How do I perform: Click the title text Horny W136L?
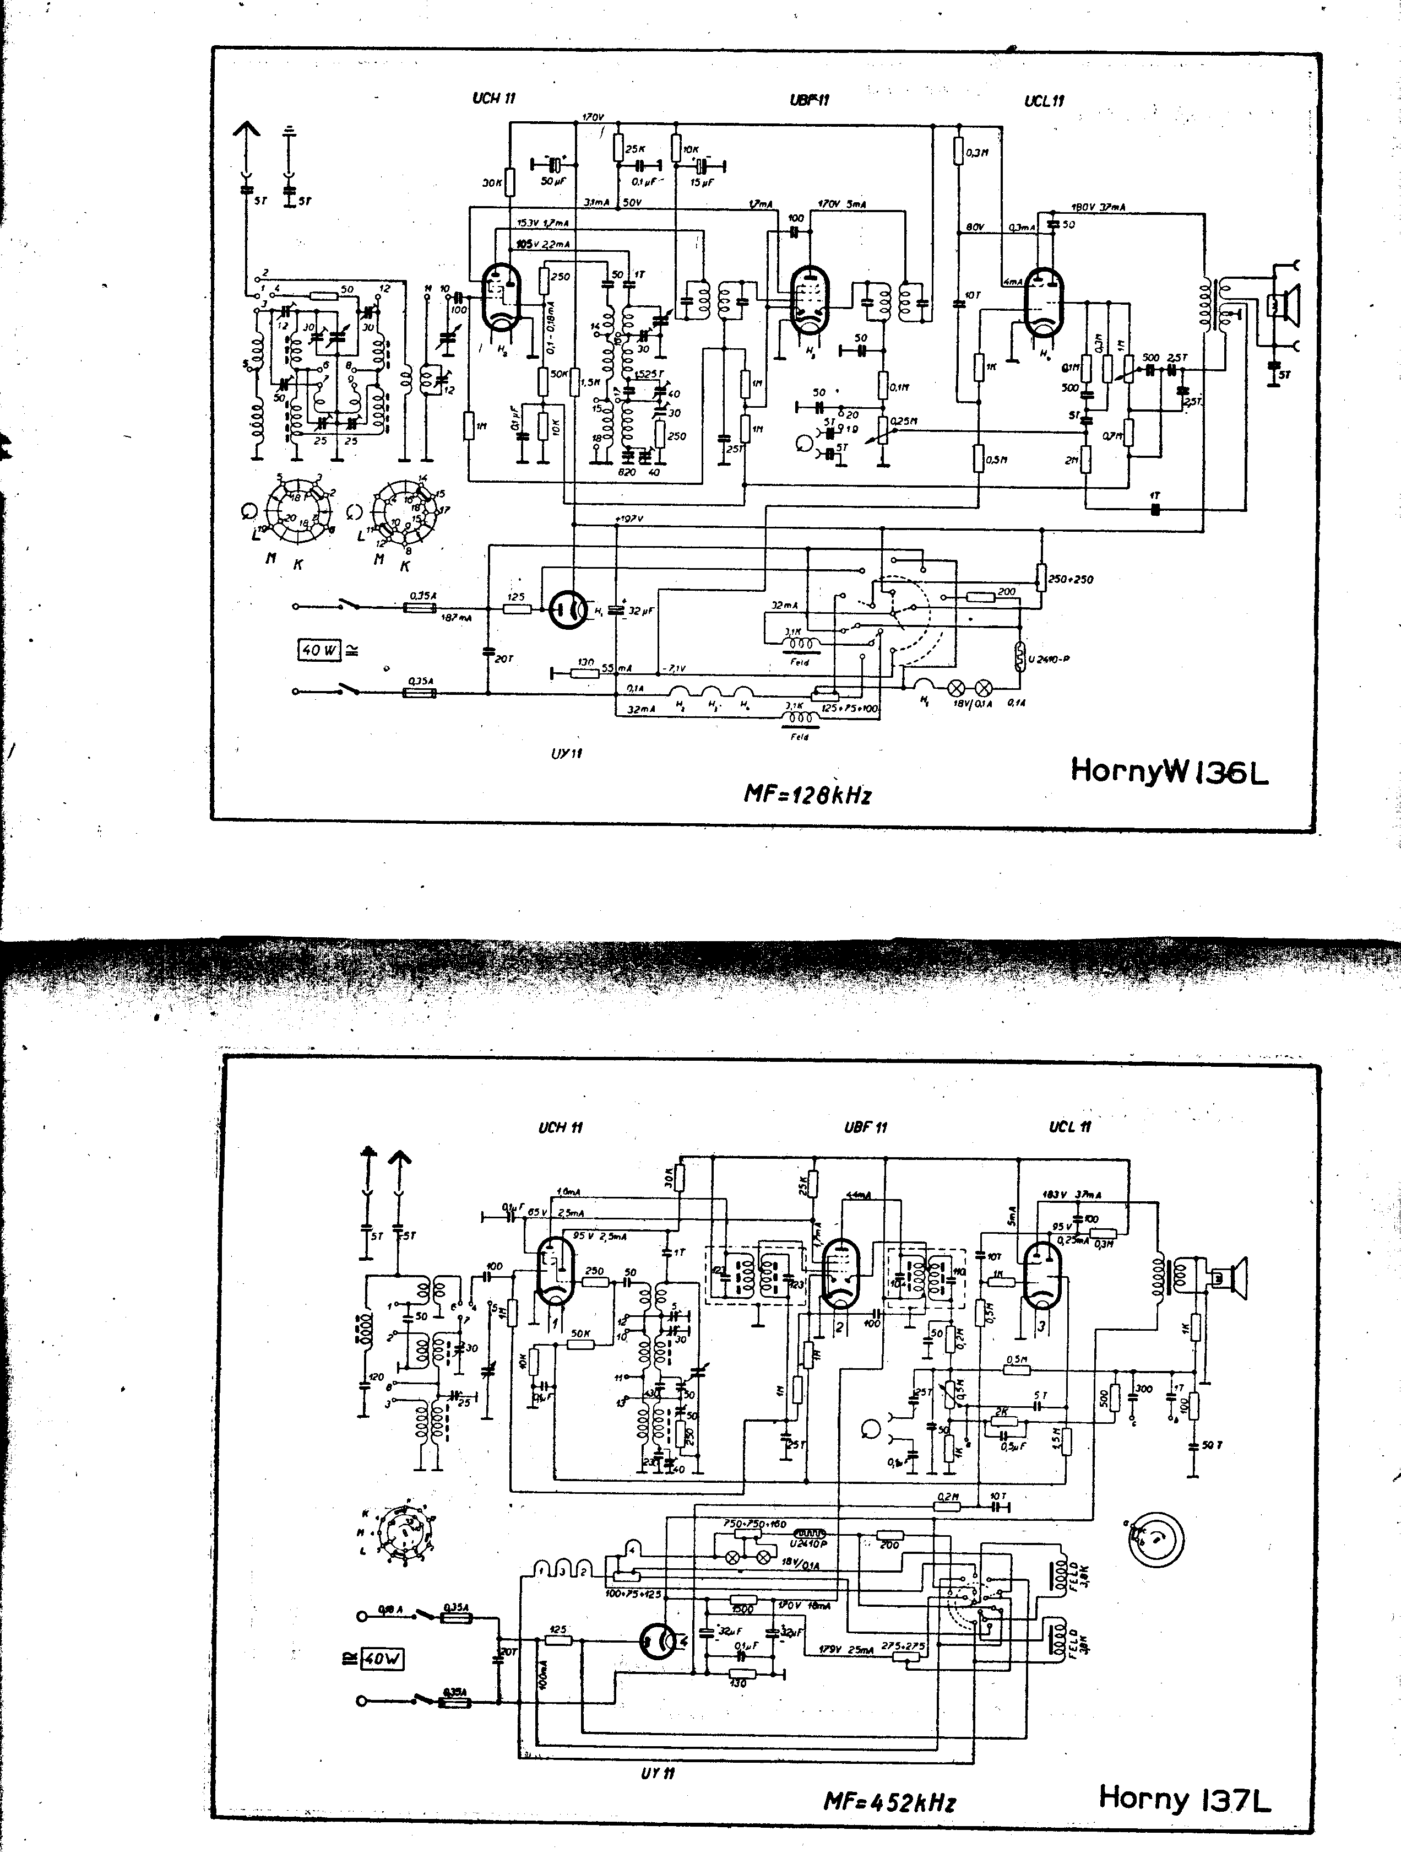point(1169,771)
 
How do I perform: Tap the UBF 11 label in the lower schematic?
point(865,1127)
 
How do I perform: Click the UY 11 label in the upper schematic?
point(567,753)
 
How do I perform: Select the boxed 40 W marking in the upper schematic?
point(319,650)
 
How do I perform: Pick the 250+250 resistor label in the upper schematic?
point(1071,579)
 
